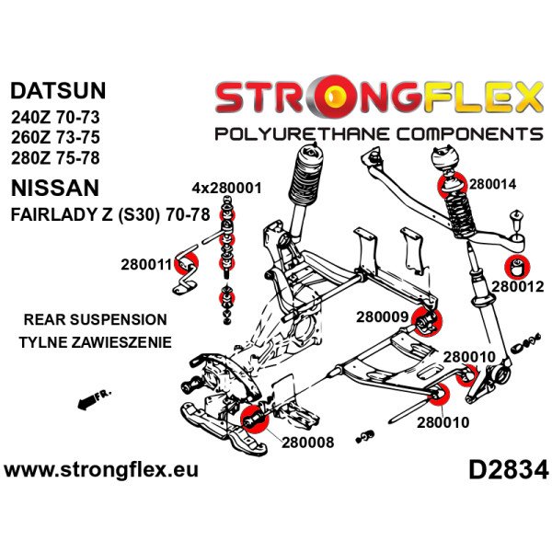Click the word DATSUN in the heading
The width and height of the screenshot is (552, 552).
click(x=58, y=91)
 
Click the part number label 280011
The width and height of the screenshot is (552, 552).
click(x=146, y=265)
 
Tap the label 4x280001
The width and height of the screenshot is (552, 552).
click(x=226, y=189)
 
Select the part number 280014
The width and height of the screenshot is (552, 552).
click(x=495, y=183)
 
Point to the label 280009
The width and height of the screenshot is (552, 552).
click(x=382, y=318)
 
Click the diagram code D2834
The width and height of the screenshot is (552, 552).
click(x=508, y=470)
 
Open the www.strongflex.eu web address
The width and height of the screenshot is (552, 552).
click(x=101, y=470)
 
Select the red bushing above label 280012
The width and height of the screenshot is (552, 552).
click(x=517, y=267)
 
